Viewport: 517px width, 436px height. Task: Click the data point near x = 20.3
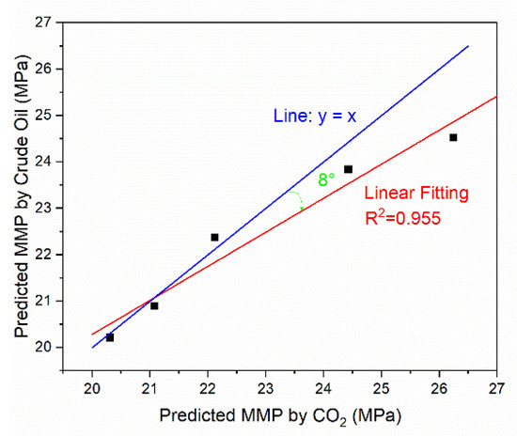[110, 336]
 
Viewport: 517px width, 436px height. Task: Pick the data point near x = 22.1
[214, 237]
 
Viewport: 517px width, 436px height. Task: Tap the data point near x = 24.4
[348, 169]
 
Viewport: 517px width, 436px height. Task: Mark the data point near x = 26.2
[453, 137]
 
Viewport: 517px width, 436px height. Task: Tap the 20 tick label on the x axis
[92, 388]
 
